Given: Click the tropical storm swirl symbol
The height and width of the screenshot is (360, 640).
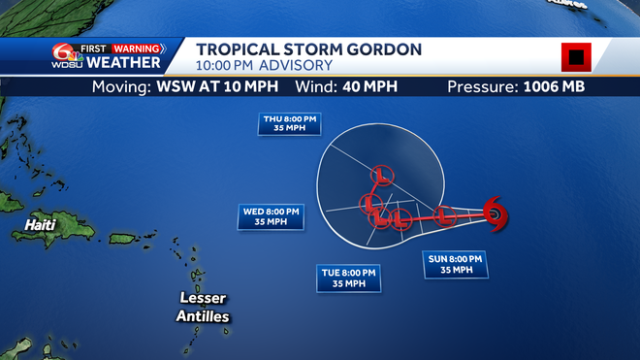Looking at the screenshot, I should pyautogui.click(x=495, y=213).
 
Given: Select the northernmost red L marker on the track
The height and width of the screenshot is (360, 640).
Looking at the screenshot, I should pyautogui.click(x=381, y=176).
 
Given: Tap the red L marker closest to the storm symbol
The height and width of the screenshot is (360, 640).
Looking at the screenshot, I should pyautogui.click(x=444, y=214).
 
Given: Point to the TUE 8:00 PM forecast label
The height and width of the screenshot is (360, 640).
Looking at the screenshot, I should pyautogui.click(x=350, y=278).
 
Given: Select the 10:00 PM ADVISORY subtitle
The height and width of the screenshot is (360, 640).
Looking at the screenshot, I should pyautogui.click(x=264, y=66).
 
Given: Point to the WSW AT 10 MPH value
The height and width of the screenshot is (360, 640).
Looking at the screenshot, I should pyautogui.click(x=227, y=87).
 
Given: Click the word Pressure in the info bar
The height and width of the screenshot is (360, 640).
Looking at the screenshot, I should pyautogui.click(x=481, y=87).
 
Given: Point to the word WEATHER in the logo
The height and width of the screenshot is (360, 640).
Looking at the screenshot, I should pyautogui.click(x=123, y=63).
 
